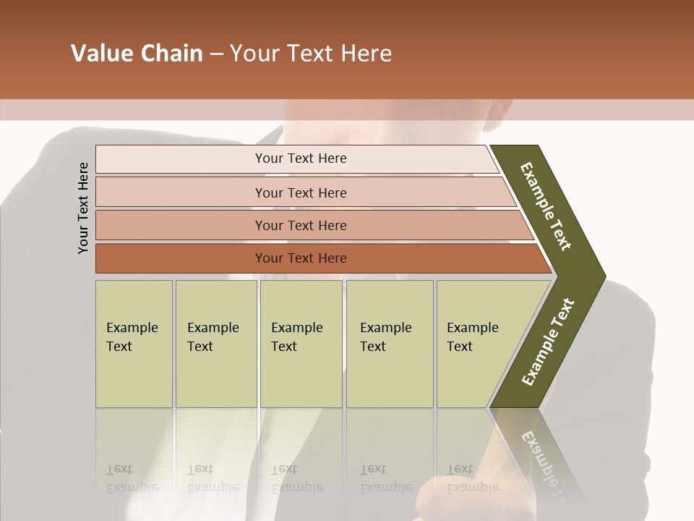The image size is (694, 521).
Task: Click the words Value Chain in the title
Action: pyautogui.click(x=137, y=54)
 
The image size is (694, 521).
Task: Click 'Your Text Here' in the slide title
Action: pyautogui.click(x=311, y=54)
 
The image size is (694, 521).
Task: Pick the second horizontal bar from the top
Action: pyautogui.click(x=301, y=192)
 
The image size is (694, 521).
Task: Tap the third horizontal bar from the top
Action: pyautogui.click(x=301, y=225)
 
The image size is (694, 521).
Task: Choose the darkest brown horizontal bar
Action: pyautogui.click(x=301, y=258)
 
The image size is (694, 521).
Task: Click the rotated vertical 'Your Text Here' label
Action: pyautogui.click(x=83, y=208)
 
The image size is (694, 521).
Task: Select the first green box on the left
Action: pyautogui.click(x=134, y=343)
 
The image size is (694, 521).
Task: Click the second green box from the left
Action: pyautogui.click(x=215, y=343)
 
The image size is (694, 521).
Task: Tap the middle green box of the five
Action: pyautogui.click(x=301, y=343)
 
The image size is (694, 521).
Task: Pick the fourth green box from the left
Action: pyautogui.click(x=390, y=343)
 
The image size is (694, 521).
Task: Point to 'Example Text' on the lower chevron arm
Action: pyautogui.click(x=548, y=342)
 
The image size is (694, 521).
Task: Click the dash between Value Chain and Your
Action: pyautogui.click(x=216, y=54)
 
